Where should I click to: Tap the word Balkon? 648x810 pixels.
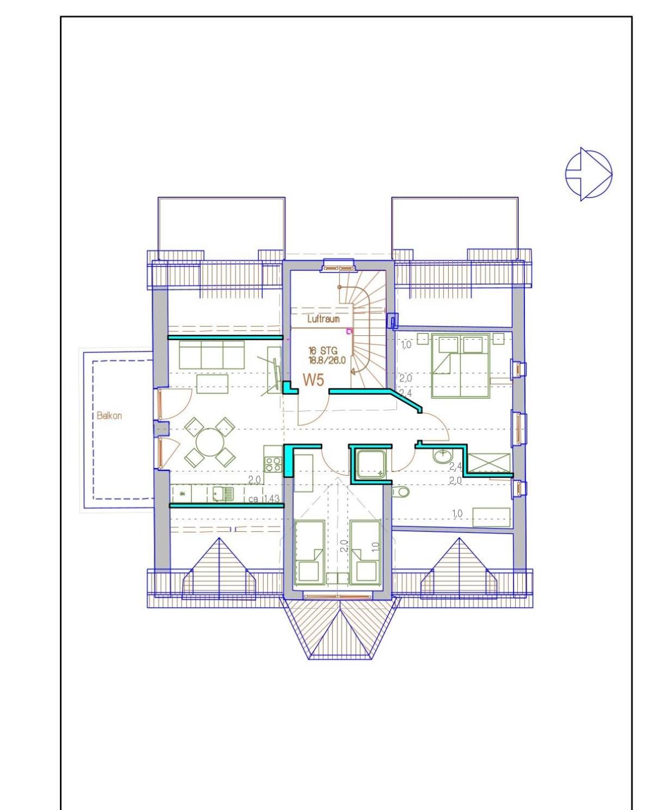pyautogui.click(x=109, y=415)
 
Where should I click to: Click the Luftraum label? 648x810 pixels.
pyautogui.click(x=323, y=318)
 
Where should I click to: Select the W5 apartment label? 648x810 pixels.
pyautogui.click(x=313, y=380)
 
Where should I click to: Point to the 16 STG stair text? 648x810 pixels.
pyautogui.click(x=323, y=351)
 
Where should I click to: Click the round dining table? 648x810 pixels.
pyautogui.click(x=210, y=442)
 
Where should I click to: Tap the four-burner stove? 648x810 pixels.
pyautogui.click(x=273, y=464)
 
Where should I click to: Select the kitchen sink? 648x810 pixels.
pyautogui.click(x=223, y=494)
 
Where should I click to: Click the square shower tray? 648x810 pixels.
pyautogui.click(x=371, y=463)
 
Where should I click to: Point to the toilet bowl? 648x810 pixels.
pyautogui.click(x=400, y=492)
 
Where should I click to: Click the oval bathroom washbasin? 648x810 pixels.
pyautogui.click(x=442, y=456)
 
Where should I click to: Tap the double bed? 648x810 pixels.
pyautogui.click(x=461, y=365)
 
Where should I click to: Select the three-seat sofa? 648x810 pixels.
pyautogui.click(x=211, y=354)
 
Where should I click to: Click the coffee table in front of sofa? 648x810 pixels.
pyautogui.click(x=212, y=384)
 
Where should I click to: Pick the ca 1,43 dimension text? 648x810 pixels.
pyautogui.click(x=264, y=499)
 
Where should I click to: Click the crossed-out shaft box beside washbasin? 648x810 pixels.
pyautogui.click(x=489, y=463)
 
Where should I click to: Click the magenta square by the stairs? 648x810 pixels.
pyautogui.click(x=349, y=331)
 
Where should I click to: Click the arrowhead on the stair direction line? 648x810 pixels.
pyautogui.click(x=353, y=372)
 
